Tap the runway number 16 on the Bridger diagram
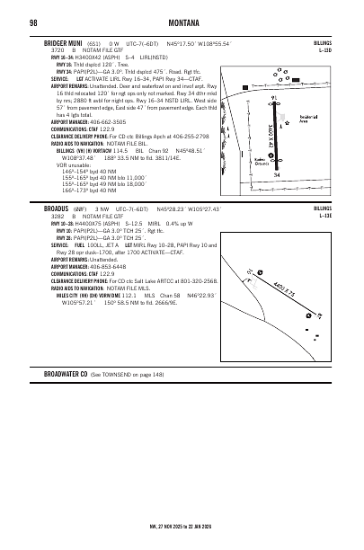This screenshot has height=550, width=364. click(273, 93)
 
